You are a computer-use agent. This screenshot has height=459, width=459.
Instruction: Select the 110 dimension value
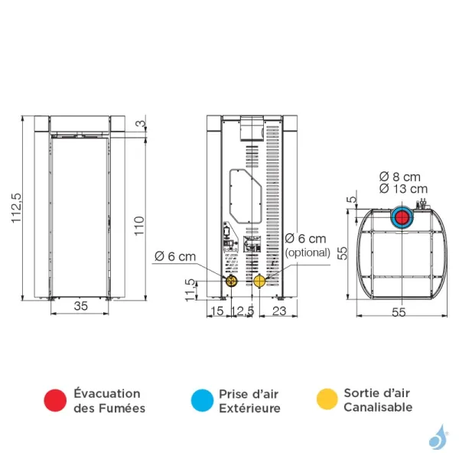(x=138, y=225)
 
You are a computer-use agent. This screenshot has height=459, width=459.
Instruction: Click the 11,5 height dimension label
(x=189, y=291)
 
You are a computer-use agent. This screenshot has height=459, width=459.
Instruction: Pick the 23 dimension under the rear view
(x=278, y=311)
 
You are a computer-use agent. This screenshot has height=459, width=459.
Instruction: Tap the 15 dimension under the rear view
(x=216, y=311)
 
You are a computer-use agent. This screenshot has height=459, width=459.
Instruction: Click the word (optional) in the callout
(x=308, y=252)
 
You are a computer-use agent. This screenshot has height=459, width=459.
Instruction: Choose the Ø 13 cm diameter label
(x=403, y=188)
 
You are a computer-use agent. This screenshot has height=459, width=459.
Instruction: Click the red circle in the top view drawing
(x=402, y=217)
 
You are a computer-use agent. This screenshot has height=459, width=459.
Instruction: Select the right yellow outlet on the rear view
(x=260, y=281)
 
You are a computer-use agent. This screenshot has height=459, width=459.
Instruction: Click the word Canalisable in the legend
(x=378, y=407)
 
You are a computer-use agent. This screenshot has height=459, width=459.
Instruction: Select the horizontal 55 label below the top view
(x=399, y=311)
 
